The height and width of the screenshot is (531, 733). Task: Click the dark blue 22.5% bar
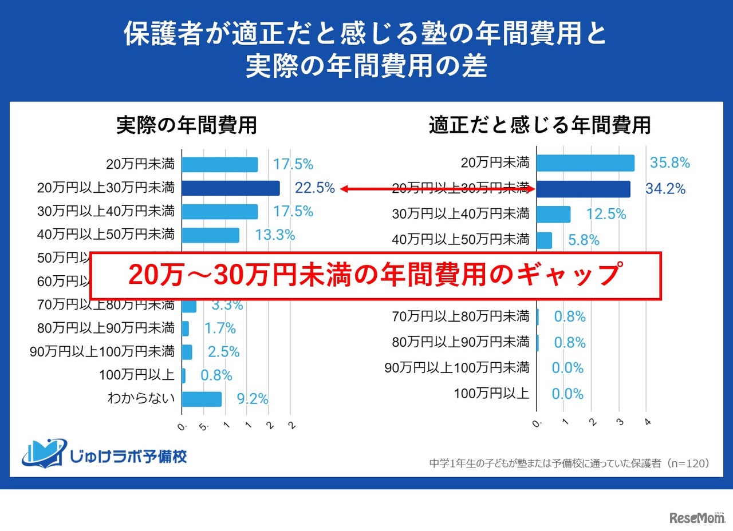click(231, 188)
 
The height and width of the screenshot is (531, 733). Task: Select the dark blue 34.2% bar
click(583, 189)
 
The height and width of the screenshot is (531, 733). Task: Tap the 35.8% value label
click(669, 163)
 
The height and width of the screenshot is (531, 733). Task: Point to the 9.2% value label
click(253, 399)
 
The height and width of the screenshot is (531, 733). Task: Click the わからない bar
click(202, 399)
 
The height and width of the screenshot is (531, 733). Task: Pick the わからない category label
click(141, 399)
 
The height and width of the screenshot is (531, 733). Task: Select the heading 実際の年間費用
click(187, 125)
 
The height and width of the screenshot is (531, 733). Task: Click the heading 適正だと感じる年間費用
click(539, 125)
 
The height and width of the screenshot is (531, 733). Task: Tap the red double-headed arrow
click(437, 189)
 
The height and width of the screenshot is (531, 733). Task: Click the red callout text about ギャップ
click(375, 276)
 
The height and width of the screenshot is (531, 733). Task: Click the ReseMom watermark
click(696, 517)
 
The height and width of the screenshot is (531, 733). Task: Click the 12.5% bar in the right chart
click(554, 214)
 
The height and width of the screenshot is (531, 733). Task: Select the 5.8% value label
click(584, 240)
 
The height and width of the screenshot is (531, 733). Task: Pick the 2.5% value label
click(223, 352)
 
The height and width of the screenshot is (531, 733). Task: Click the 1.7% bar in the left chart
click(186, 328)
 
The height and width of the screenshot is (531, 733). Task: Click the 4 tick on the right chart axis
click(648, 423)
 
